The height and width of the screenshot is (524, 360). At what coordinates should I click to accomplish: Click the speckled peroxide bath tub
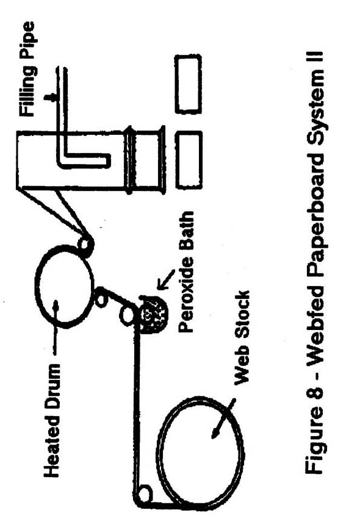tap(153, 315)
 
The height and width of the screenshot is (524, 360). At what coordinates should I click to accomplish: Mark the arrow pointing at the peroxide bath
tap(166, 279)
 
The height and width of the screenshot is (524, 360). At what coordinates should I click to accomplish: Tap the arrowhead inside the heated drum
tap(56, 305)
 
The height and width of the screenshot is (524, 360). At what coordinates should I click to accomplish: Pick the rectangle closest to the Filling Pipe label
tap(188, 84)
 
